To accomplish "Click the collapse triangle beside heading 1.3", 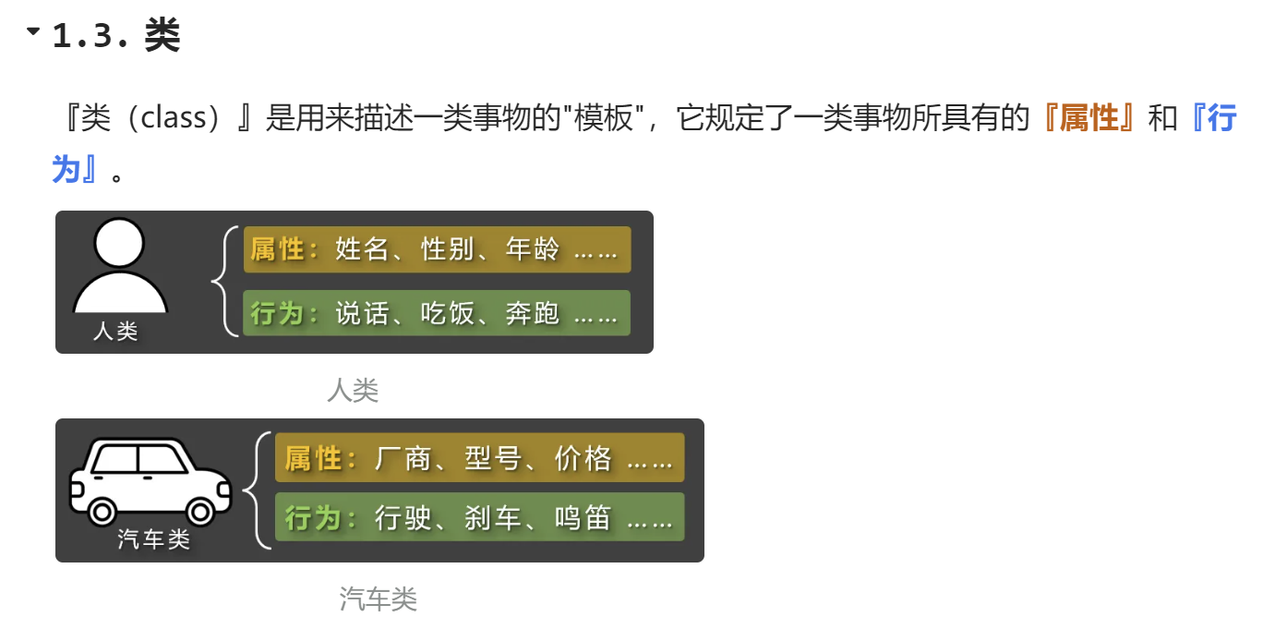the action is tap(34, 31).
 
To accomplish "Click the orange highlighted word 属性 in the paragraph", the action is tap(1089, 119).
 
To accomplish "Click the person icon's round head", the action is tap(120, 242).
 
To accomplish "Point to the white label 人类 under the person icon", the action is tap(115, 331).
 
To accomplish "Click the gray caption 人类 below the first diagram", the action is tap(353, 391).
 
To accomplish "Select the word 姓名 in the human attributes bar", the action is tap(362, 249).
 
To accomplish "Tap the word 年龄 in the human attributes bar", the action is tap(533, 249).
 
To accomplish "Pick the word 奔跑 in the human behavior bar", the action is tap(533, 314).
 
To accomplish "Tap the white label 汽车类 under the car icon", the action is tap(153, 539).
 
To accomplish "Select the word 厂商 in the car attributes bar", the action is tap(403, 458).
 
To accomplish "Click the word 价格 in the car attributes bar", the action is tap(583, 458).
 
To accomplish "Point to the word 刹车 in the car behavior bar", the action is tap(493, 518).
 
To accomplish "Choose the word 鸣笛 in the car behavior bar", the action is tap(583, 518).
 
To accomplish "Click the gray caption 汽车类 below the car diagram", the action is tap(379, 599).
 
